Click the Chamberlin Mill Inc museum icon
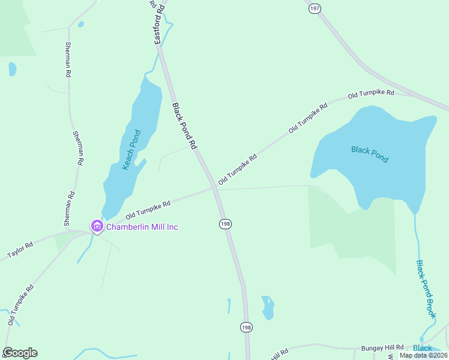click(97, 226)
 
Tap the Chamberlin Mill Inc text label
click(142, 227)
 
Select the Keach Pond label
click(131, 150)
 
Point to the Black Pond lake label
click(370, 154)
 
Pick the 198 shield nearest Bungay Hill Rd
click(246, 327)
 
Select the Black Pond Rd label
click(185, 127)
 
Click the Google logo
click(20, 353)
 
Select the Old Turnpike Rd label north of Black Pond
click(371, 94)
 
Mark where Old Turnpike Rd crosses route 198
click(215, 188)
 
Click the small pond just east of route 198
click(268, 307)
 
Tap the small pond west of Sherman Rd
click(13, 69)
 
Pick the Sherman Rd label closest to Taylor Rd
click(70, 203)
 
